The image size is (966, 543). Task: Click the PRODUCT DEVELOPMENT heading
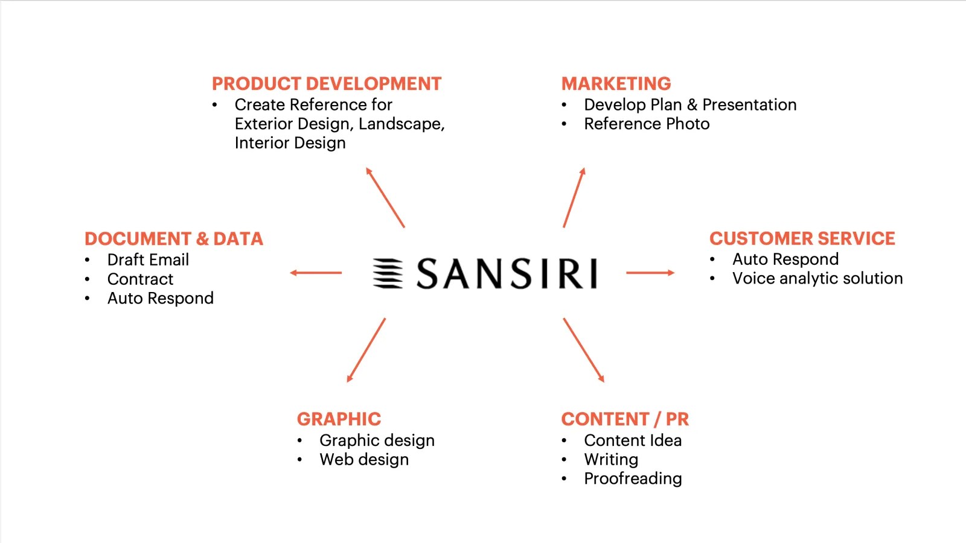pos(327,84)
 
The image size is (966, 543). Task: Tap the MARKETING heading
pos(616,84)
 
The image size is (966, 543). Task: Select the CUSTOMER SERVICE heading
pos(802,238)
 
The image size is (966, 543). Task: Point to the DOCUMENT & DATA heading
pos(174,239)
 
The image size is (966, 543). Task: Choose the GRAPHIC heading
pos(339,419)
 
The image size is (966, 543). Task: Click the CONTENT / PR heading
pos(625,419)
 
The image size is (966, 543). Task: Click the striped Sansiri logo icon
pos(388,273)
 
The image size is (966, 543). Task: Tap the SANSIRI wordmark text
pos(507,273)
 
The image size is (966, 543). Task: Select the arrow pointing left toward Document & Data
pos(316,272)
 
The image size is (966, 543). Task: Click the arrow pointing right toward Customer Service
pos(650,272)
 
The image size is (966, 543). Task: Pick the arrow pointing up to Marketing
pos(574,197)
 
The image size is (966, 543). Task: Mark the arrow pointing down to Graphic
pos(366,350)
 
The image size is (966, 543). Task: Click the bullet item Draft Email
pos(148,260)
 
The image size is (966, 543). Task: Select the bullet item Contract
pos(140,279)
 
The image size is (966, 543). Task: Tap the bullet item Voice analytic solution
pos(817,278)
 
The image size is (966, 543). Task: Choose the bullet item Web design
pos(364,459)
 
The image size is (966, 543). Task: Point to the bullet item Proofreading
pos(633,479)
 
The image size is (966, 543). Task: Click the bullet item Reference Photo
pos(647,124)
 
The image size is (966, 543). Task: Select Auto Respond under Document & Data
pos(161,298)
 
